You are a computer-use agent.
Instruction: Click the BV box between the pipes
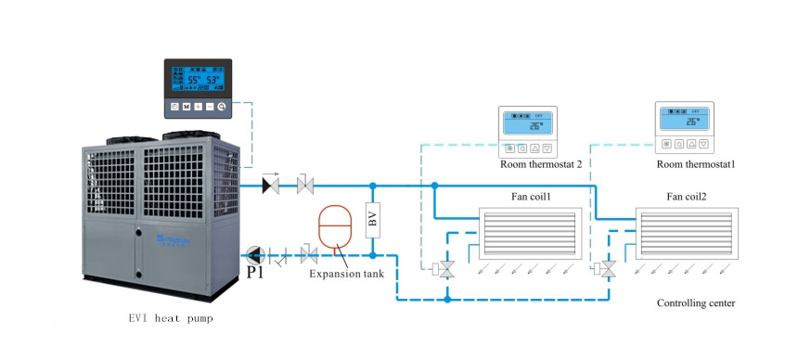click(373, 220)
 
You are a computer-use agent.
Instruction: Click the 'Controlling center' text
click(695, 303)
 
